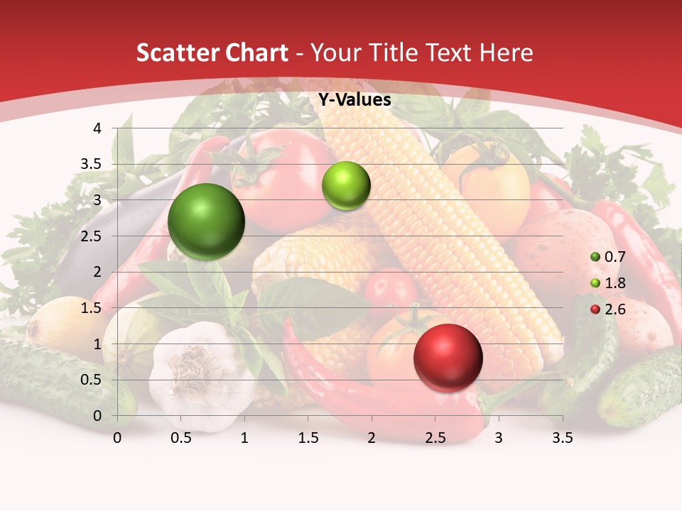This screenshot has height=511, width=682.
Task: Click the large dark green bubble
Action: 206,221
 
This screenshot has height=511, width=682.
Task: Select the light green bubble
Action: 346,186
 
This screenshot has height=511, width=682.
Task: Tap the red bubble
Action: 448,357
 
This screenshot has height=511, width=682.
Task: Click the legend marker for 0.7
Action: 595,256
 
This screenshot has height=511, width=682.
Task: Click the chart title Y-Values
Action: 354,100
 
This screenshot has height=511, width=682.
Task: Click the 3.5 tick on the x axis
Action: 562,439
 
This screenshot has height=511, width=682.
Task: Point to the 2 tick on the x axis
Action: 372,439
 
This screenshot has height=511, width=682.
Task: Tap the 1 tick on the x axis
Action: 244,439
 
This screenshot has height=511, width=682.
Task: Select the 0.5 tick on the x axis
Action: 181,439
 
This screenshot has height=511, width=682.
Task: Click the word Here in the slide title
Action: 505,53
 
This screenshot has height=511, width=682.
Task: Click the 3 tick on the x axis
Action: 499,439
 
